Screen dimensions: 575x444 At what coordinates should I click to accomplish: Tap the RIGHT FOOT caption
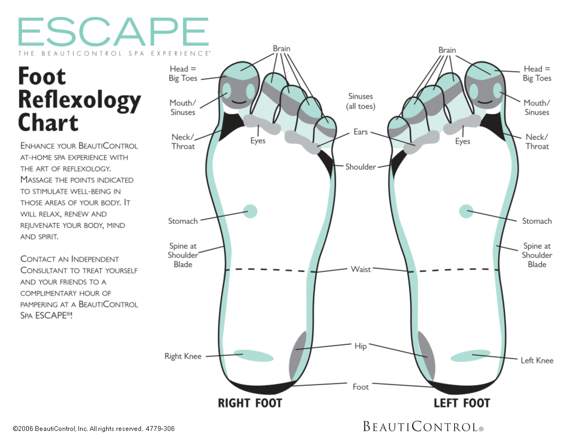250,403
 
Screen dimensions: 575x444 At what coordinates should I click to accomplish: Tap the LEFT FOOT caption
462,403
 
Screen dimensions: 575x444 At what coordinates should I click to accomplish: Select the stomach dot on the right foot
250,211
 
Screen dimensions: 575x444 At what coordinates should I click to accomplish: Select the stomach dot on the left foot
466,211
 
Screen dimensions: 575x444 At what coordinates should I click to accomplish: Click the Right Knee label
183,356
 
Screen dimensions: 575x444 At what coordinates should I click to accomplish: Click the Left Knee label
537,360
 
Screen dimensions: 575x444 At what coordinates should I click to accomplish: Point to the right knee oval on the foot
254,356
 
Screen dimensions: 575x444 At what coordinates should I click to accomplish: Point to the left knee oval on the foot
470,356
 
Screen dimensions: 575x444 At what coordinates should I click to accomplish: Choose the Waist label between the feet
361,269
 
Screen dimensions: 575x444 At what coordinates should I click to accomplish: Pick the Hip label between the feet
360,346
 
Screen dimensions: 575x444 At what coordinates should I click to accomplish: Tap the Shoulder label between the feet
360,167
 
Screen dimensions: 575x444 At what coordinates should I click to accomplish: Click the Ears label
360,132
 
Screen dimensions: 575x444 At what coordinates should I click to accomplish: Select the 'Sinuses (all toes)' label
360,101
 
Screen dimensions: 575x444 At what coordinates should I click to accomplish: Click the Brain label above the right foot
282,49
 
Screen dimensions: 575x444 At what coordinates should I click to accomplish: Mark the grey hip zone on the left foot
426,355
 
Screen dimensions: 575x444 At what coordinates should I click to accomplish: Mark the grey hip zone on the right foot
297,355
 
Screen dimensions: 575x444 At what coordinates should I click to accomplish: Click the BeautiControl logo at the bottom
423,427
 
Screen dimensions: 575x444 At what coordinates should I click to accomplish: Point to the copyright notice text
94,429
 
